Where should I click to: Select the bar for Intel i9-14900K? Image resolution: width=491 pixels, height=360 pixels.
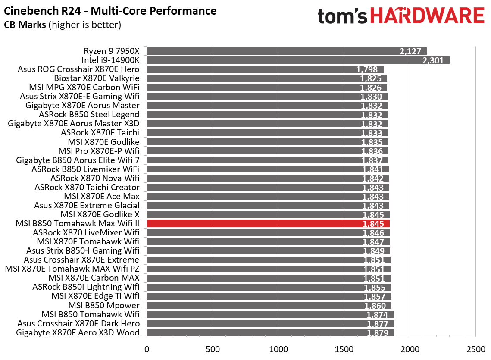pos(297,60)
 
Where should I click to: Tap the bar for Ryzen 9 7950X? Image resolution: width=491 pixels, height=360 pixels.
pos(286,51)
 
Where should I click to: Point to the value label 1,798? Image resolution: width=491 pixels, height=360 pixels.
pos(367,69)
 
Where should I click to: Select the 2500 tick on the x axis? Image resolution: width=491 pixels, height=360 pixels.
pos(475,348)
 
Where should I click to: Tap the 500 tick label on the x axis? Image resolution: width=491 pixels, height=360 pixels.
pos(213,348)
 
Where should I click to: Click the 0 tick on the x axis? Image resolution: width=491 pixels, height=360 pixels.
pos(147,348)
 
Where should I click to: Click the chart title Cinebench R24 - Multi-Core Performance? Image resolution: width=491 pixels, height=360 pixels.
pos(110,10)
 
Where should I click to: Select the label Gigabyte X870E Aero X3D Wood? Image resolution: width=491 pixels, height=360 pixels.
pos(78,332)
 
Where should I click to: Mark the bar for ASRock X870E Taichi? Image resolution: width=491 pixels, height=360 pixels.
pos(267,133)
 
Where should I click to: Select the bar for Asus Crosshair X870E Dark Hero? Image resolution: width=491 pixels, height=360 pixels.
pos(270,323)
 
